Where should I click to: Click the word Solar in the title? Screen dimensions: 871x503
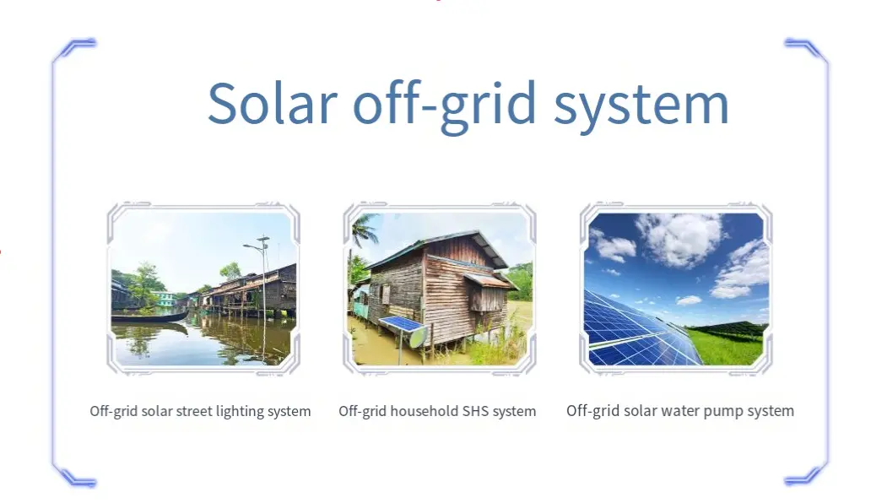coord(272,103)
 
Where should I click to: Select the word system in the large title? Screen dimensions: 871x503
coord(641,106)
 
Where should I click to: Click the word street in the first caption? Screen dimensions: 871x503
coord(194,411)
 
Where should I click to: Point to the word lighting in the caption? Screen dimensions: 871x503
coord(240,412)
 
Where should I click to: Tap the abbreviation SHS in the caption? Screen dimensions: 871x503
coord(476,411)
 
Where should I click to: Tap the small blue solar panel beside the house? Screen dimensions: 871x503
coord(401,324)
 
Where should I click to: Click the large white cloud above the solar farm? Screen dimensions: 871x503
coord(679,238)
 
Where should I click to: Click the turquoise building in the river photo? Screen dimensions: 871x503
coord(165,299)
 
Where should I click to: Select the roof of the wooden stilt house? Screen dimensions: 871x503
coord(445,247)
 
